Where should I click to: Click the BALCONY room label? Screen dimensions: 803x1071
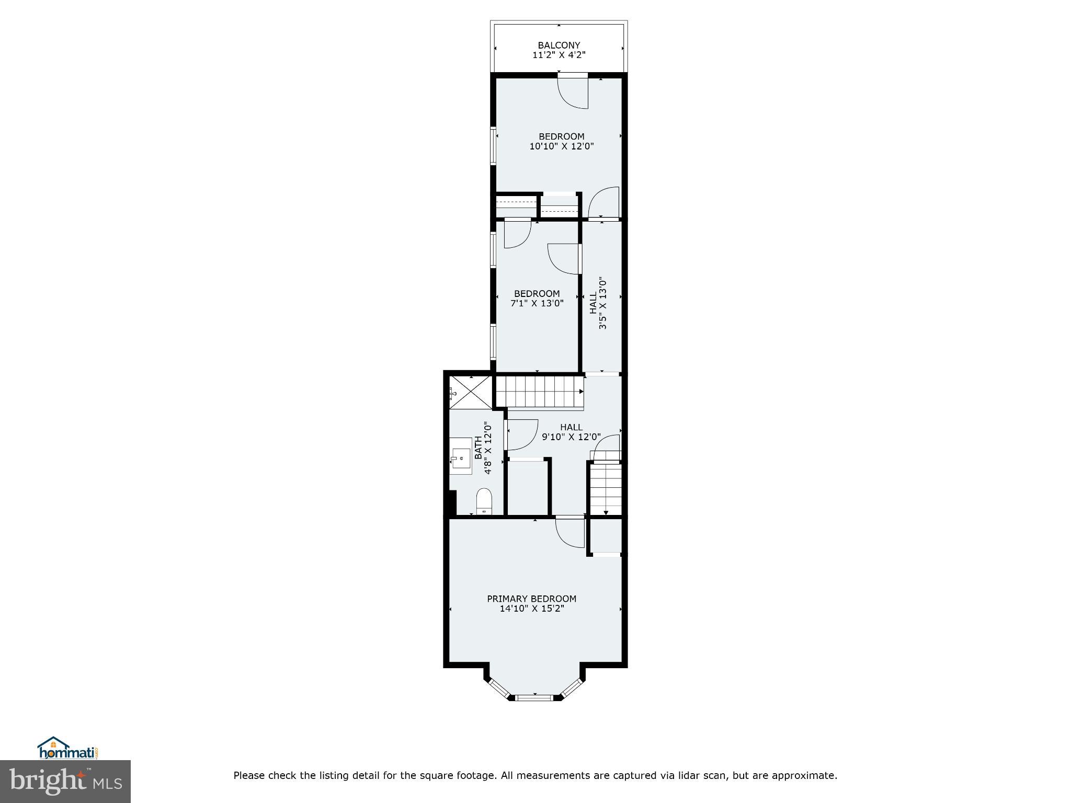tap(559, 45)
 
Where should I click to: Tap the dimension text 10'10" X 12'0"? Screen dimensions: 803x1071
tap(561, 146)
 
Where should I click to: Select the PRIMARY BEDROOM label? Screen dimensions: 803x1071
tap(531, 599)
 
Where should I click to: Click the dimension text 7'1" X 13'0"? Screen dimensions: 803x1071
tap(537, 303)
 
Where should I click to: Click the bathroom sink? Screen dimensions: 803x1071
tap(461, 456)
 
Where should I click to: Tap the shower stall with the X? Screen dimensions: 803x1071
tap(471, 392)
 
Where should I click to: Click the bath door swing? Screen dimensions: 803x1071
tap(521, 434)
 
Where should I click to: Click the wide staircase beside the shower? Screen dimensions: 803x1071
tap(539, 392)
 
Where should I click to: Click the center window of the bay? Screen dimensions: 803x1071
tap(534, 697)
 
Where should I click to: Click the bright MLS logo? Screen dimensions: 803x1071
tap(65, 782)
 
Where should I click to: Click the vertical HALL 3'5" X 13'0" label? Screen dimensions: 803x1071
tap(598, 303)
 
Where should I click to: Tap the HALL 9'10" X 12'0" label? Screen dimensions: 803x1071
tap(571, 432)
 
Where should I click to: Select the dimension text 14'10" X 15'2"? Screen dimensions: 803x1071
tap(531, 609)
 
